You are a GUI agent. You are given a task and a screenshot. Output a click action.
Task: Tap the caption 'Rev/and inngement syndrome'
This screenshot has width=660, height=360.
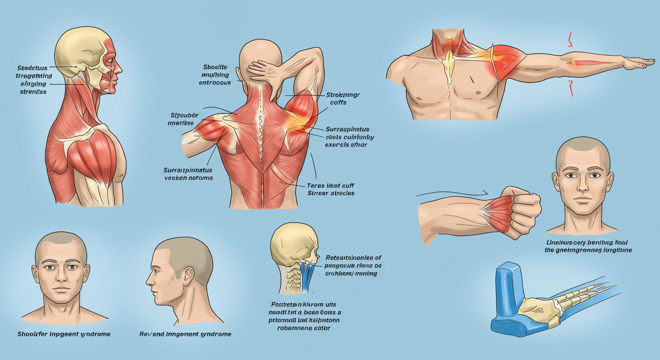pos(185,334)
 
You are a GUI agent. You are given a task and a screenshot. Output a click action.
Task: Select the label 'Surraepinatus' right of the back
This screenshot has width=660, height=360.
pos(347,128)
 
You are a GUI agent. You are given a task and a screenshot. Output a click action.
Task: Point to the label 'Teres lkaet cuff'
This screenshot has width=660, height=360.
pos(330,185)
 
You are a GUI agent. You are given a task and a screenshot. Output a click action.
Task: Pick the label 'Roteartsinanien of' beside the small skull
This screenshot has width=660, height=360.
pos(353,257)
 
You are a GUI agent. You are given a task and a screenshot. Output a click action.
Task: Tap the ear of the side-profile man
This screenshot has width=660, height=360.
pos(188,277)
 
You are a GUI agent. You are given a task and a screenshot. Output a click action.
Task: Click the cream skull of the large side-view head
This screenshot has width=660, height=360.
pos(80,52)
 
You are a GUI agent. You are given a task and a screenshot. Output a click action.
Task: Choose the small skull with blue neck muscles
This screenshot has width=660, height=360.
pos(293,253)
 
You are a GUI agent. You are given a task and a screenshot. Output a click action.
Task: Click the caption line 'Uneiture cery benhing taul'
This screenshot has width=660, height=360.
pos(588,242)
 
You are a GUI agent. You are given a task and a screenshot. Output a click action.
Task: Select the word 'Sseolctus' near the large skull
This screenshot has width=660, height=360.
pos(30,67)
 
